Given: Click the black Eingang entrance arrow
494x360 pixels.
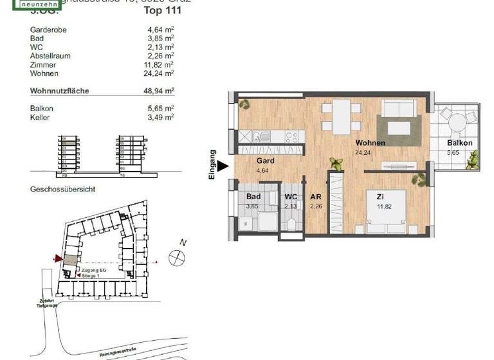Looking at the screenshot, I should click(222, 166).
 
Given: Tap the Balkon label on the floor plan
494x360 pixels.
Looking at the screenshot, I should click(460, 143).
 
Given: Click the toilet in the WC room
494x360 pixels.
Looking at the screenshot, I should click(291, 222).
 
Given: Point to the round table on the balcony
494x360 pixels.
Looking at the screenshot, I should click(458, 122).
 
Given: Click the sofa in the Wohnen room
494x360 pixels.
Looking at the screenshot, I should click(401, 109).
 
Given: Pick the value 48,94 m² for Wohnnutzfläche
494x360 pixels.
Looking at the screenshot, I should click(159, 91).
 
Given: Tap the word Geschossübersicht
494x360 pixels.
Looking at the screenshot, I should click(63, 190).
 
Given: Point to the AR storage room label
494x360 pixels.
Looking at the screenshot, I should click(315, 197).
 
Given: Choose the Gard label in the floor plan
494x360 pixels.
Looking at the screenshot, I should click(266, 161).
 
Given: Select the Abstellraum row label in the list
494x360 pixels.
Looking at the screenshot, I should click(50, 56).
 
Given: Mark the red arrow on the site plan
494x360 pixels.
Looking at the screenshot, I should click(59, 259).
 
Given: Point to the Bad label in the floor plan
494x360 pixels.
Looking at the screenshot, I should click(253, 197).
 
